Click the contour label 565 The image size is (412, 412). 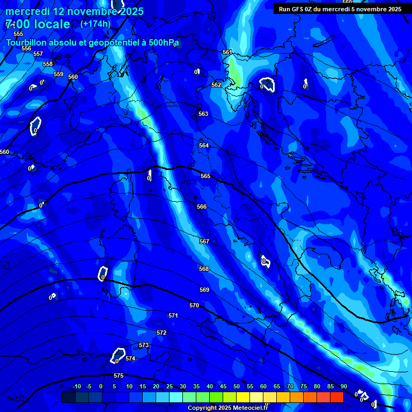[x=205, y=176]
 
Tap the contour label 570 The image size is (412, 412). [x=194, y=305]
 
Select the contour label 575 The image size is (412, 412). [x=119, y=376]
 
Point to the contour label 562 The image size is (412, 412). [x=216, y=85]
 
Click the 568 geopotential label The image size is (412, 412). [x=204, y=269]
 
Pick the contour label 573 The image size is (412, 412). [x=144, y=345]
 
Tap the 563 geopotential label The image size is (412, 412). [x=203, y=114]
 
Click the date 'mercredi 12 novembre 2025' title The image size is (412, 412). [x=75, y=11]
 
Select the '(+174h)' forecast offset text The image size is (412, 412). [x=95, y=24]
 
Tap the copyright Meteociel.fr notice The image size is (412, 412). [x=227, y=408]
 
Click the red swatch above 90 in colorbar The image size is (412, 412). [x=337, y=397]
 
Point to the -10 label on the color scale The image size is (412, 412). [x=77, y=387]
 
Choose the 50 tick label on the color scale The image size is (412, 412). [x=237, y=387]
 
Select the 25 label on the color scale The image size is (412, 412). [x=170, y=387]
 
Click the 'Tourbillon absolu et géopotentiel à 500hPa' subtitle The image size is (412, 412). [x=92, y=42]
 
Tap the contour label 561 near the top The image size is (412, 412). [x=227, y=52]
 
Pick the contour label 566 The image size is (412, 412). [x=202, y=207]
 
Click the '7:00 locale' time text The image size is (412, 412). [x=38, y=24]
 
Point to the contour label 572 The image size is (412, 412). [x=161, y=333]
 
